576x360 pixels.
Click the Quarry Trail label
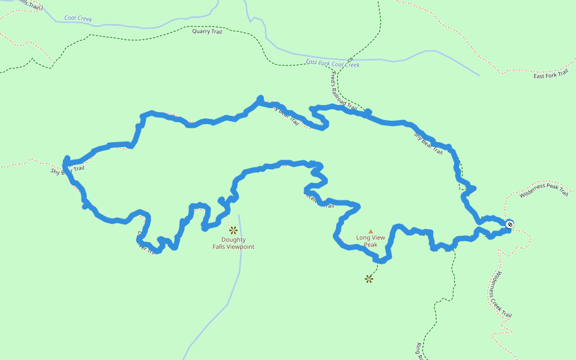coord(207,31)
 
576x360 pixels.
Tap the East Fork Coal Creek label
coord(332,64)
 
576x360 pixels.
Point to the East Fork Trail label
coord(550,74)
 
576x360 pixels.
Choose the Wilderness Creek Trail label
coord(500,294)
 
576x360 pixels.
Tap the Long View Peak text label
coord(371,241)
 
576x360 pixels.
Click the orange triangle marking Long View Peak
coord(371,231)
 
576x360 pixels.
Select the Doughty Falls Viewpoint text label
coord(233,243)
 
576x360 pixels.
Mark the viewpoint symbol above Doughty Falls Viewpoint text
coord(233,230)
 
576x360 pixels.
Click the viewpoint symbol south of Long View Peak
coord(369,278)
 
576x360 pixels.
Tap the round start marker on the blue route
coord(509,224)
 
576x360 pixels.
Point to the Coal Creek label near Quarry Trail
coord(78,19)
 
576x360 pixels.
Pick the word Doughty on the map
coord(233,240)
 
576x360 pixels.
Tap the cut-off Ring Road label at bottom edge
coord(419,352)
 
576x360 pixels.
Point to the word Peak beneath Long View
coord(371,245)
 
